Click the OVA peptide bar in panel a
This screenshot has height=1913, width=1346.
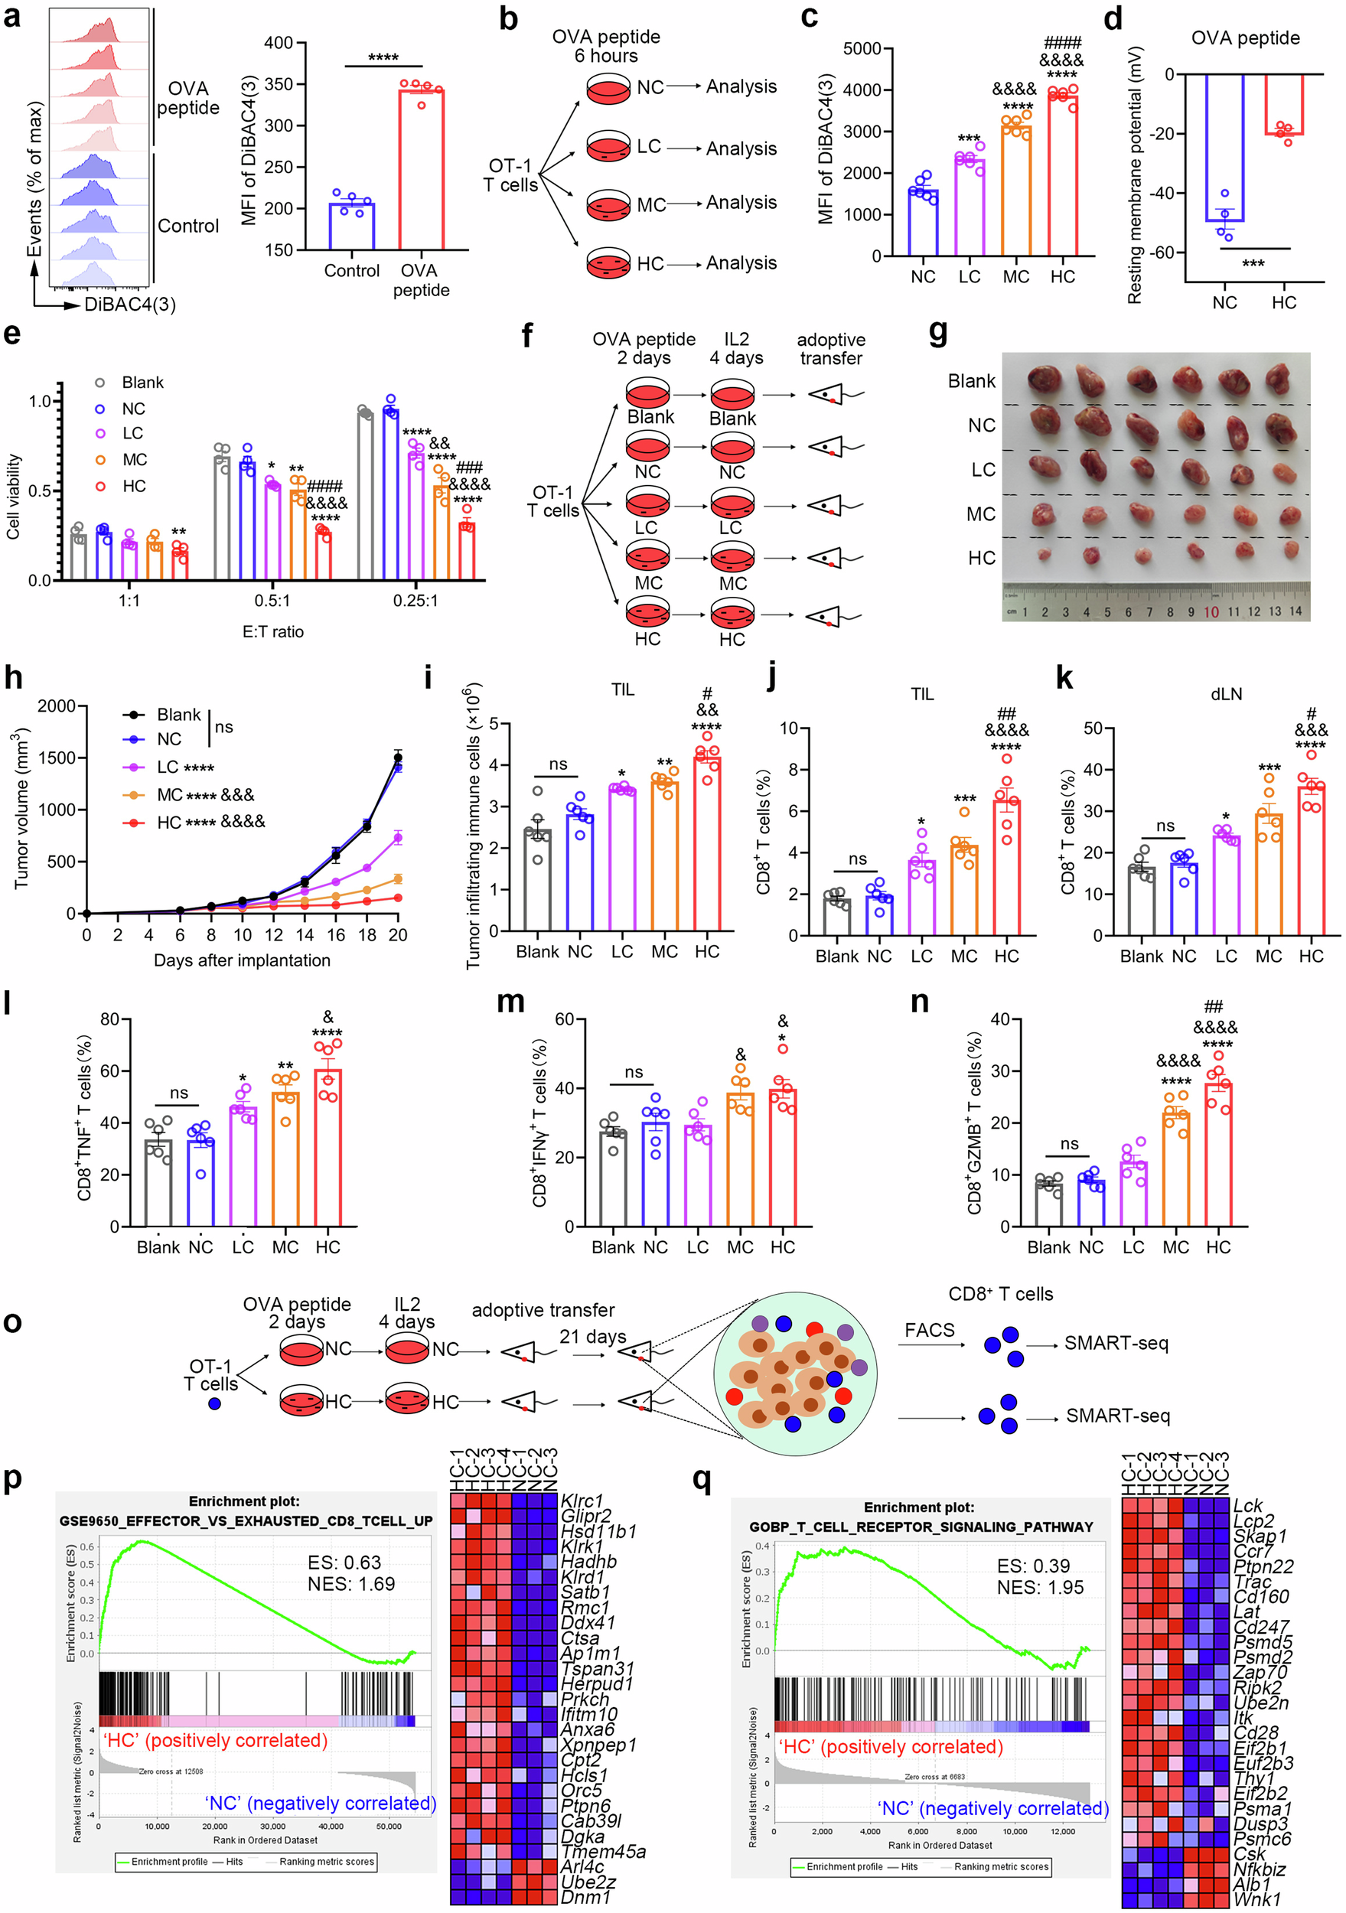421,171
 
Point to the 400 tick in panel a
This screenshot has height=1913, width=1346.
279,44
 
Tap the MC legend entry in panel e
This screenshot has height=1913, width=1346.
133,460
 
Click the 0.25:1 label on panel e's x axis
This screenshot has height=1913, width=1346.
415,601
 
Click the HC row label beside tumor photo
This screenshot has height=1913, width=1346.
981,557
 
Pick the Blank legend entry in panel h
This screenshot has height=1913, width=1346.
178,715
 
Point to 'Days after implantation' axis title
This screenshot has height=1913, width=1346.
242,960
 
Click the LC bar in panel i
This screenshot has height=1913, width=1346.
622,859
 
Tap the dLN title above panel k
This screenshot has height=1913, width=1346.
1226,694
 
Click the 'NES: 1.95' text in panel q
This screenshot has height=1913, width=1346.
1039,1588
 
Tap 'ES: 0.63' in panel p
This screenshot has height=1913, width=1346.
344,1563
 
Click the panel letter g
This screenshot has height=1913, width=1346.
937,334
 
